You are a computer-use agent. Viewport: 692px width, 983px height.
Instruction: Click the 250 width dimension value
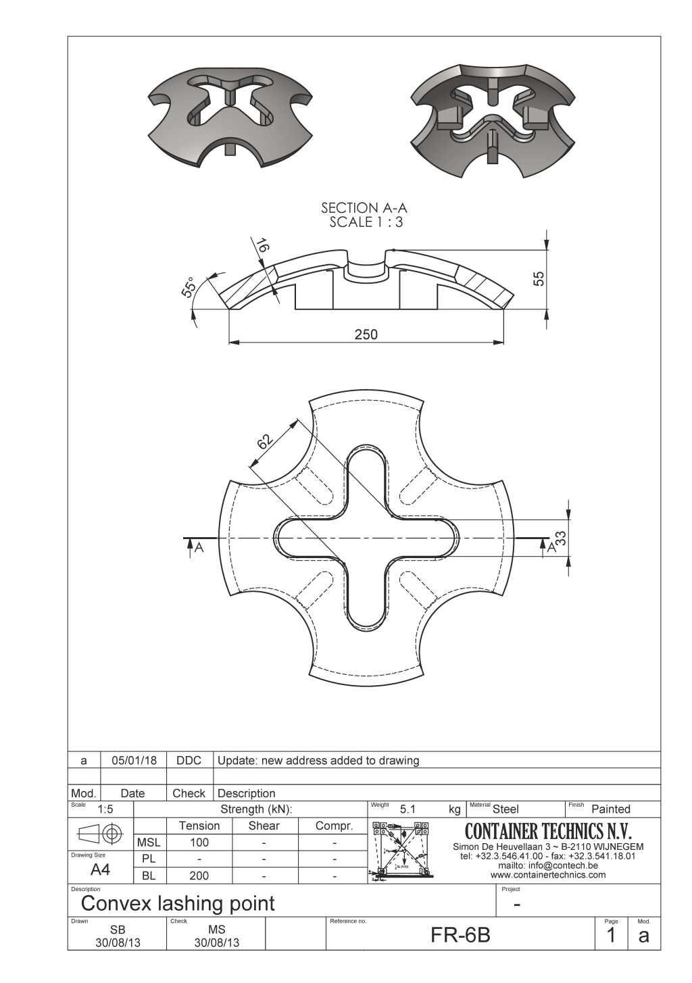(x=366, y=334)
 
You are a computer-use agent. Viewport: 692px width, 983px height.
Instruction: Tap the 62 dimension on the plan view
(x=265, y=441)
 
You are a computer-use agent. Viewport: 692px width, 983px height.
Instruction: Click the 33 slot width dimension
(x=560, y=538)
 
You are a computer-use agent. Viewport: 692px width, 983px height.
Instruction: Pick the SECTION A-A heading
(x=364, y=208)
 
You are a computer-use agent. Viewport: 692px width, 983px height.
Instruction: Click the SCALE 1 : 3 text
(x=366, y=222)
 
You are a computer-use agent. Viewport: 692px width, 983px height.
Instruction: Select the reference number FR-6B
(x=460, y=935)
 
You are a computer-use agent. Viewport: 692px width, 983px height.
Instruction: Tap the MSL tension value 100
(x=199, y=842)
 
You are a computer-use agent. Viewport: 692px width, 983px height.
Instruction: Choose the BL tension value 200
(x=199, y=876)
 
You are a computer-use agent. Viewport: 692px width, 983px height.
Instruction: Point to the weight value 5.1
(x=408, y=809)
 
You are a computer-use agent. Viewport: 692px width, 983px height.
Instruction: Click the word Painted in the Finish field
(x=610, y=809)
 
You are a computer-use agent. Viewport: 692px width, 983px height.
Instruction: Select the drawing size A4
(x=100, y=869)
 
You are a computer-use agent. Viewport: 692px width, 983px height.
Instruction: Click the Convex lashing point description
(x=178, y=903)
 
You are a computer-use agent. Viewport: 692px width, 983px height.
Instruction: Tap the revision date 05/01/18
(x=134, y=760)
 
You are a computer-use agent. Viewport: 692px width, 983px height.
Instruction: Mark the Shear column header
(x=264, y=826)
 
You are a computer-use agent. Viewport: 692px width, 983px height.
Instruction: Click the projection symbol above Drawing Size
(x=100, y=833)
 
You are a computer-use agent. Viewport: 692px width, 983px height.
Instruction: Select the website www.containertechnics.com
(x=548, y=875)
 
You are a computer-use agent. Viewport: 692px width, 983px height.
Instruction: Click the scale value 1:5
(x=105, y=809)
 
